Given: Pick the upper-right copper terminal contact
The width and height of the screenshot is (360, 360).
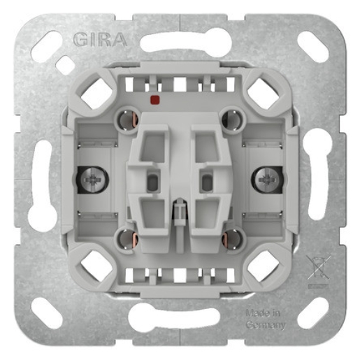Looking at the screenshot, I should (x=231, y=119).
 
